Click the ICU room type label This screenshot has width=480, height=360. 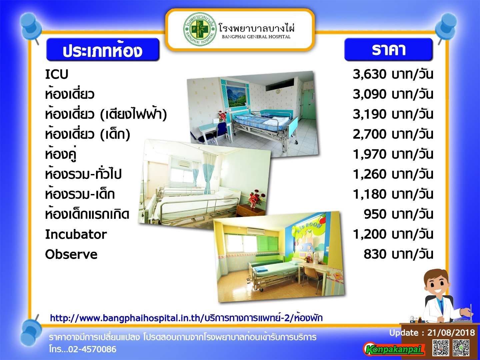point(57,74)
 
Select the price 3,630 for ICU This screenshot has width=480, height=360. point(369,74)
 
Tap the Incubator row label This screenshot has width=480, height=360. point(76,234)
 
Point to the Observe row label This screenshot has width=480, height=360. point(71,254)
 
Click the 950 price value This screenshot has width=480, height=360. point(375,214)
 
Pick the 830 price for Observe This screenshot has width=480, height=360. point(375,254)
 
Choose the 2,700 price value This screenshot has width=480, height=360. point(369,134)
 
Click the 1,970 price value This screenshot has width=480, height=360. point(369,154)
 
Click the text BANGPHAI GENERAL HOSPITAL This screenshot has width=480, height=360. point(256,37)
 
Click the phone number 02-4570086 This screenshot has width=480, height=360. point(92,349)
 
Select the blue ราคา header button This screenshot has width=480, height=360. point(389,49)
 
